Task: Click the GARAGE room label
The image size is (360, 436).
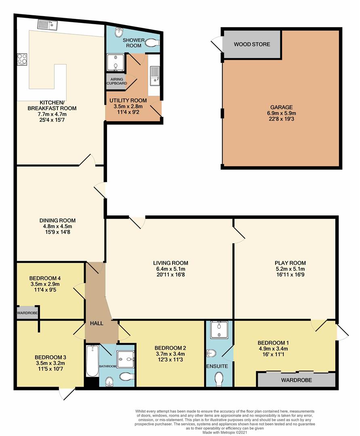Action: [x=281, y=107]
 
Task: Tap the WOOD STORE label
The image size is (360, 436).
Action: [x=252, y=44]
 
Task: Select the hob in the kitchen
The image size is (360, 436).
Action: [x=22, y=59]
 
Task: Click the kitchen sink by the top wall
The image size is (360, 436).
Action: [x=47, y=25]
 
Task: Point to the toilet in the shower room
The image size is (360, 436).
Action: [x=152, y=43]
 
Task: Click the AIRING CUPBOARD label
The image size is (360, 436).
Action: [x=117, y=81]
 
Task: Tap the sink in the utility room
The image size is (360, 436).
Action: [x=154, y=76]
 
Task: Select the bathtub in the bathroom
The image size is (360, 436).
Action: [x=92, y=361]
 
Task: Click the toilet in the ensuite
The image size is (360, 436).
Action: [x=219, y=379]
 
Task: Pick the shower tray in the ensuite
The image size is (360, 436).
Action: [x=219, y=330]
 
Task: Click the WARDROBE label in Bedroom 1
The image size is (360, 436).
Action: [x=296, y=380]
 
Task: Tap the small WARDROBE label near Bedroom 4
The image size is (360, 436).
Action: [x=27, y=313]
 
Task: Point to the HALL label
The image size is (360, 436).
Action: [x=97, y=323]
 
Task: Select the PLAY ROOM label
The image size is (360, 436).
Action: [x=290, y=263]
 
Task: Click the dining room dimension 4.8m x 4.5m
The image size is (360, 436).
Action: [x=58, y=226]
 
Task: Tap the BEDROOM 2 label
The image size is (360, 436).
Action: [x=170, y=348]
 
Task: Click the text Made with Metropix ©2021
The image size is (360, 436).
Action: [x=225, y=432]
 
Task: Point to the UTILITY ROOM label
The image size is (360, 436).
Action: [x=128, y=101]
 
